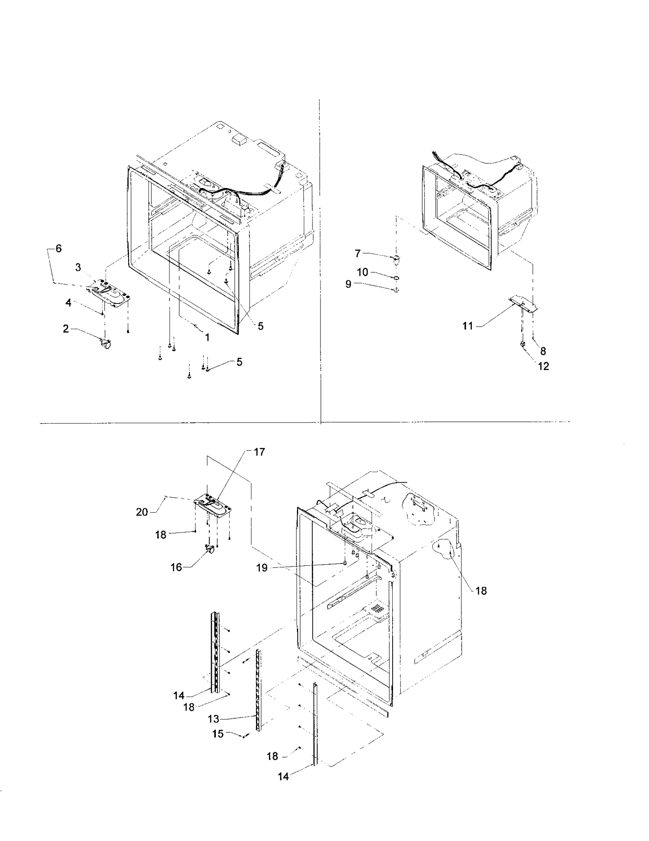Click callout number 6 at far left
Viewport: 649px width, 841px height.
(58, 248)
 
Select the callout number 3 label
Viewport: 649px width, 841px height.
(78, 267)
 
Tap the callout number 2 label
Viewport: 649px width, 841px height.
(66, 329)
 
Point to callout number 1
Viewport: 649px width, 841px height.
(207, 337)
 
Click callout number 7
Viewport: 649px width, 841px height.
(358, 254)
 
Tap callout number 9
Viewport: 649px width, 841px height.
(348, 285)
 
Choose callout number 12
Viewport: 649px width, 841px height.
(543, 366)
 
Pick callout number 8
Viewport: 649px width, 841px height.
(543, 351)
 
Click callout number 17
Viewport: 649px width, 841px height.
(259, 452)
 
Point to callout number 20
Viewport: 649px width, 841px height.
(142, 512)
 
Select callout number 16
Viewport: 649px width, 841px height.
(176, 567)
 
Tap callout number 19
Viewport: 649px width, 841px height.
(262, 568)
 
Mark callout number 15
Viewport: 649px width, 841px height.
(218, 734)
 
